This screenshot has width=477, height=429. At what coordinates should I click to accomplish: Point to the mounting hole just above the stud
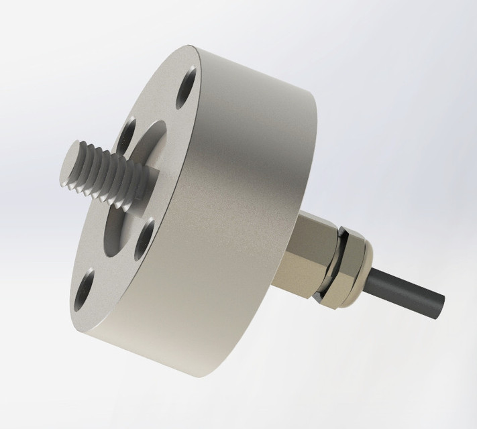[131, 131]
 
